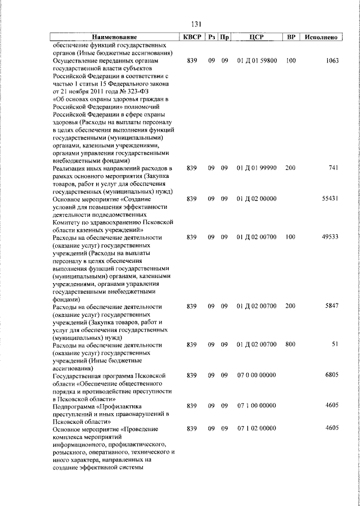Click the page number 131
coord(196,25)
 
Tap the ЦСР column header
coord(256,37)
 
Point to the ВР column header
coord(291,37)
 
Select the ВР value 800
coord(291,344)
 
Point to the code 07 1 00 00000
coord(256,406)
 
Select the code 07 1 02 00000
coord(256,429)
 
